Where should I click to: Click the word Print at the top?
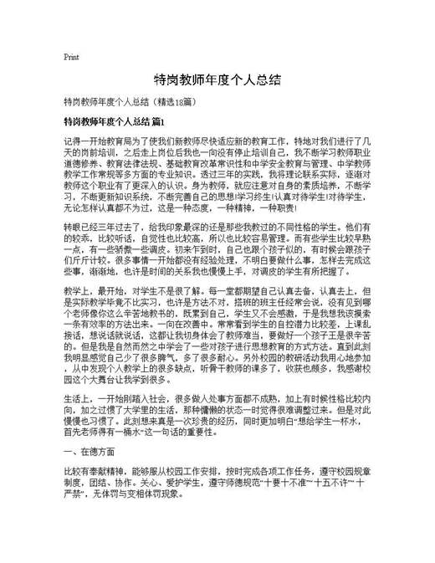pyautogui.click(x=71, y=58)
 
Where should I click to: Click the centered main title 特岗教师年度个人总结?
pyautogui.click(x=217, y=80)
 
